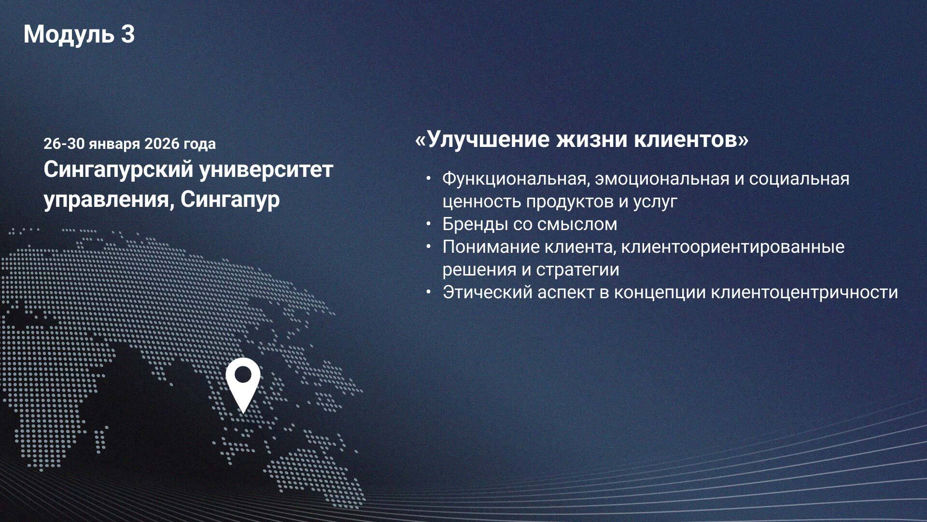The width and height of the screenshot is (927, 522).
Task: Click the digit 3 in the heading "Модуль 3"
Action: pyautogui.click(x=126, y=35)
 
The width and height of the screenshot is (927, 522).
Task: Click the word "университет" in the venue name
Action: pyautogui.click(x=266, y=170)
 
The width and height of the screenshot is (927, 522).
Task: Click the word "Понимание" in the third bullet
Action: pyautogui.click(x=491, y=247)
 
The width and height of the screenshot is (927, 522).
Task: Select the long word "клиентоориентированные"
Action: pyautogui.click(x=732, y=247)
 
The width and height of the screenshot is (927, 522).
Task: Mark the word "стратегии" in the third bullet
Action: pyautogui.click(x=577, y=270)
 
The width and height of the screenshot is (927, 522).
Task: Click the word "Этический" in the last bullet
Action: pyautogui.click(x=487, y=292)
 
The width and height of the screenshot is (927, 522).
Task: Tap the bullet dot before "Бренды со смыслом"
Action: pyautogui.click(x=428, y=224)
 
